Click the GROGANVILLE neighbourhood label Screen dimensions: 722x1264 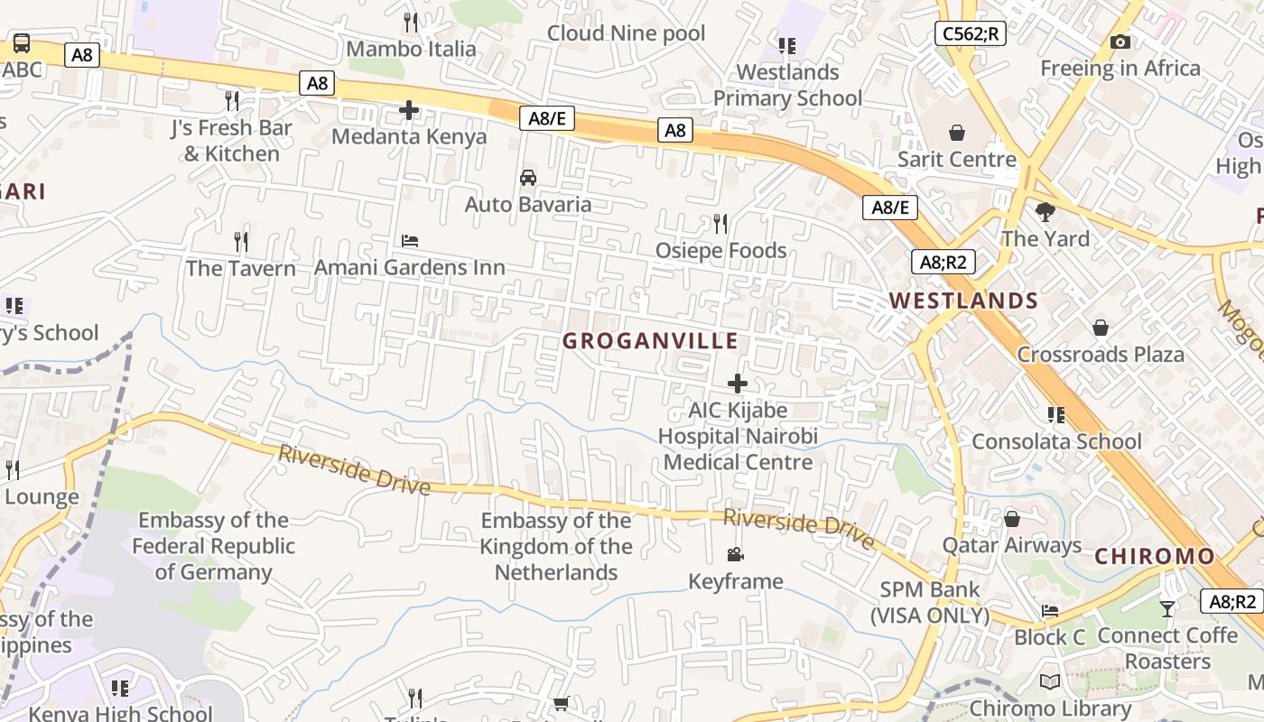(650, 341)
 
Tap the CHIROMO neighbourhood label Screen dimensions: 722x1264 (1155, 557)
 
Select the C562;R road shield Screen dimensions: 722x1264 (970, 34)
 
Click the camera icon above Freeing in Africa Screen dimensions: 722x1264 (1120, 42)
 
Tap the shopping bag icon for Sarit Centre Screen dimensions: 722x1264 (957, 133)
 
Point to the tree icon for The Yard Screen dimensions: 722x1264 (1046, 212)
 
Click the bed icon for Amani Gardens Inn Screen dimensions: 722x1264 (410, 241)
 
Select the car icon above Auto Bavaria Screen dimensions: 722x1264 (528, 177)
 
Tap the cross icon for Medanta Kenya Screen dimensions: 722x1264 (409, 110)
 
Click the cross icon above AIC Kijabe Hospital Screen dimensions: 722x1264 (738, 384)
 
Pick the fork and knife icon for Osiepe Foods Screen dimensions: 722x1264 (720, 223)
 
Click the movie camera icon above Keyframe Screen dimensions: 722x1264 (735, 554)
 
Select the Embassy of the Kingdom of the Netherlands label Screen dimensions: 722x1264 (556, 546)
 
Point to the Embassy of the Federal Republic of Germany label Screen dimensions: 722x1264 (213, 546)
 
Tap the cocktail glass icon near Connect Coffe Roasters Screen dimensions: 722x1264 (1167, 609)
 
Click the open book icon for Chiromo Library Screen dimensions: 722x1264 (1049, 682)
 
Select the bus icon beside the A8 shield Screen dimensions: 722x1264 (21, 42)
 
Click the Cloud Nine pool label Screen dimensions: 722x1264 (626, 33)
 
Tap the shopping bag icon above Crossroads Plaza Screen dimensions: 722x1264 (1100, 327)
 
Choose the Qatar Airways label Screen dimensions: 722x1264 (1011, 545)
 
